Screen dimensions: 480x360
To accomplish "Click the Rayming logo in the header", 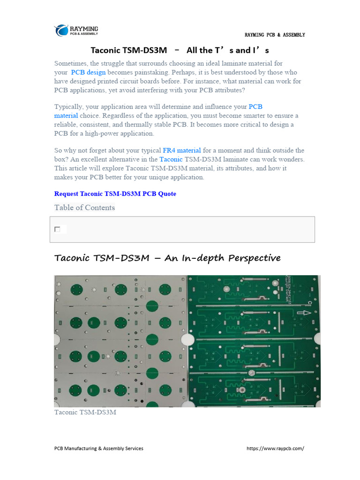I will click(x=76, y=30).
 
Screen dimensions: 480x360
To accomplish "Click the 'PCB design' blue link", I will click(x=88, y=72).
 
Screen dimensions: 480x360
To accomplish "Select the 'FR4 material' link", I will click(x=182, y=150).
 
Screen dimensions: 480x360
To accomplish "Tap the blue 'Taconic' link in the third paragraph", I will click(x=171, y=159).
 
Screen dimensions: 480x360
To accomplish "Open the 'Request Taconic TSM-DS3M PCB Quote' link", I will click(x=115, y=194).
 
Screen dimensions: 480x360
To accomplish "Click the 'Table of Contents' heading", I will click(x=84, y=208).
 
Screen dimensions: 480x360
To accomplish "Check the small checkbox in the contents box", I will click(x=57, y=229).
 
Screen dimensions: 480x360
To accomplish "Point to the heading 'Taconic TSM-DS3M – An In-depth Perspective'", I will click(x=167, y=258).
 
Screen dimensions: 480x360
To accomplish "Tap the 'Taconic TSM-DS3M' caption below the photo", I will click(x=85, y=412).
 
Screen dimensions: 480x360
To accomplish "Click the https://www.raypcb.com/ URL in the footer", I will click(x=275, y=449).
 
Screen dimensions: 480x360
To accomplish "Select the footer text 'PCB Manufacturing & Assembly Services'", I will click(x=99, y=449).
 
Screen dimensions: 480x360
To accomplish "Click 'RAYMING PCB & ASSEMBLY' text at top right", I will click(x=275, y=35).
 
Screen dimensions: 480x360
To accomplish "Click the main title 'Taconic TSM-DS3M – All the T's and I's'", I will click(x=180, y=50).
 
